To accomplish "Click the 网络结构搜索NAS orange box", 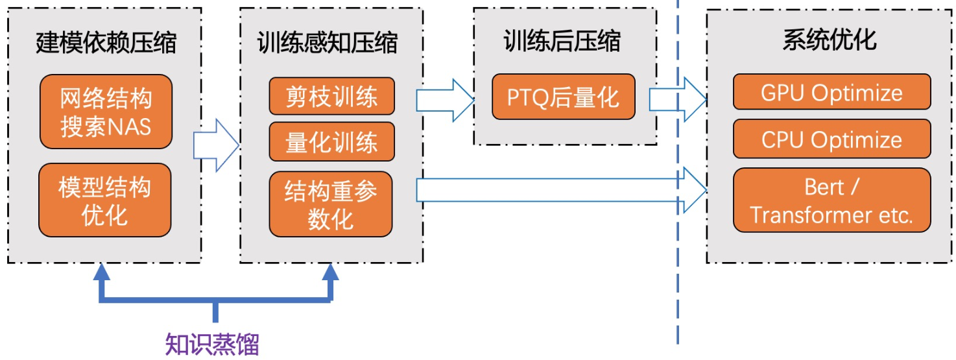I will [106, 112].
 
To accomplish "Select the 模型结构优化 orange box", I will [105, 200].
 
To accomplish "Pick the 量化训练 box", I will [331, 141].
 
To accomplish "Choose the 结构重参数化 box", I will [331, 204].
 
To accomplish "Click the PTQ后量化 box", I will [563, 97].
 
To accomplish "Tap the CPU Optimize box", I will [831, 139].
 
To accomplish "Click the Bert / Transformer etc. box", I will [831, 200].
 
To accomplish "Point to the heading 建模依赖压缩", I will [106, 43].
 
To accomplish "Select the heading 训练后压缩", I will [562, 41].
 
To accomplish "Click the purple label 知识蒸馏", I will [212, 344].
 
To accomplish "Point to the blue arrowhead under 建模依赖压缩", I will [101, 272].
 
